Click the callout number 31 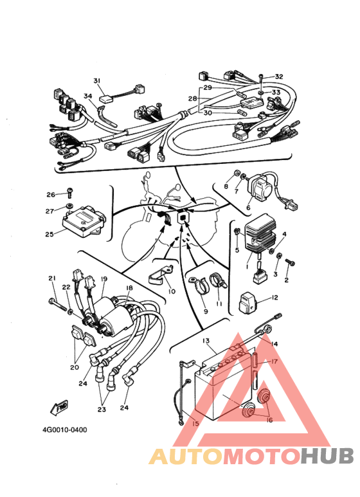pos(97,80)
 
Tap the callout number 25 pos(50,235)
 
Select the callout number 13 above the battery pos(206,341)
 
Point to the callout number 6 pos(248,208)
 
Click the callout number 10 pos(172,291)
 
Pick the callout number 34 pos(88,96)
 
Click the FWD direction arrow pos(59,407)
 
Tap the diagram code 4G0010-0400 pos(65,429)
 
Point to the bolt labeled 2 pos(291,262)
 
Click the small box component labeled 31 pos(107,99)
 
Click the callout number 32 pos(279,77)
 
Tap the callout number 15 pos(195,423)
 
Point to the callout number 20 pos(75,367)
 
